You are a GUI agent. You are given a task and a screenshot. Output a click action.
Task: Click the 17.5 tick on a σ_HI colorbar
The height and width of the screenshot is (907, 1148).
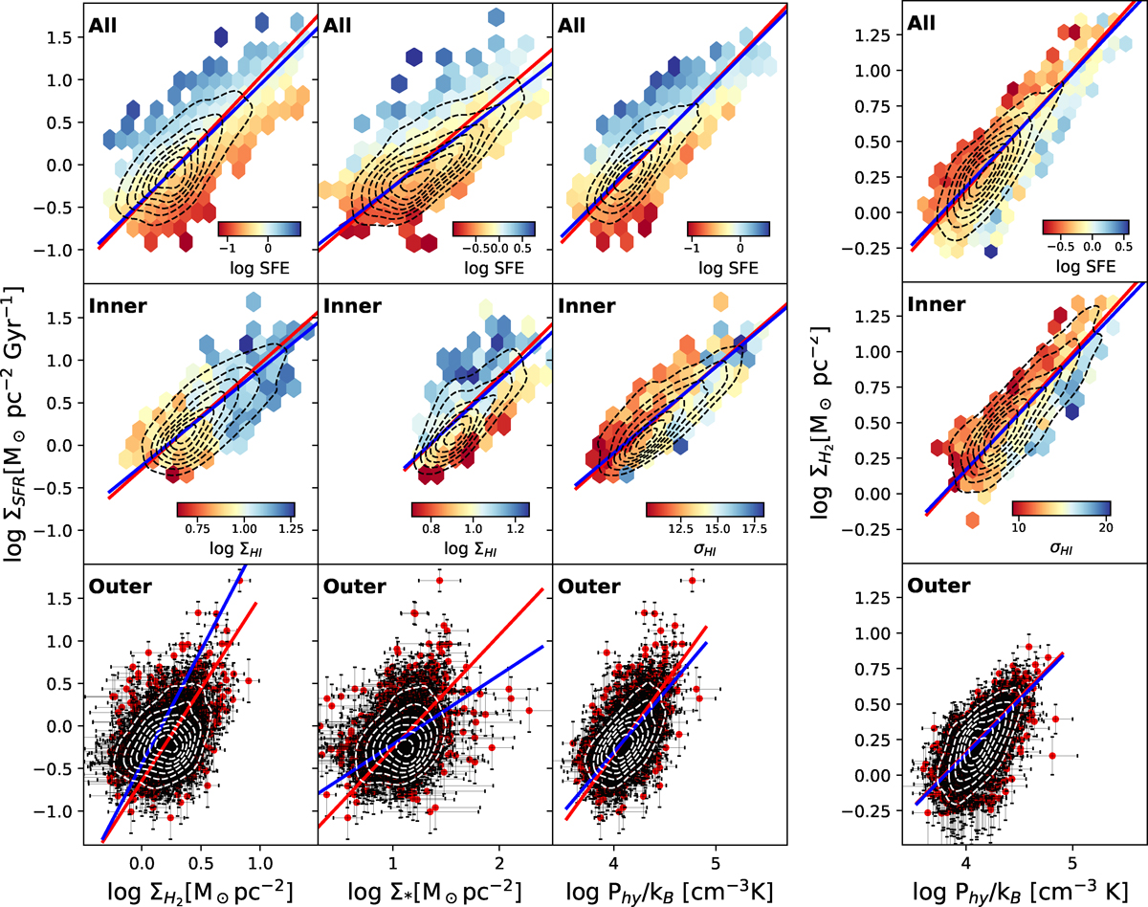(x=752, y=527)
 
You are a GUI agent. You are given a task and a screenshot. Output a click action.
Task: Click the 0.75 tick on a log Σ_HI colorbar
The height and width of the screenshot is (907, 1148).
(x=196, y=527)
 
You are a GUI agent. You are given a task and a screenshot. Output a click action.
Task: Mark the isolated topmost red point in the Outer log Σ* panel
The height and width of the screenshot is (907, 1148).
(x=439, y=580)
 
